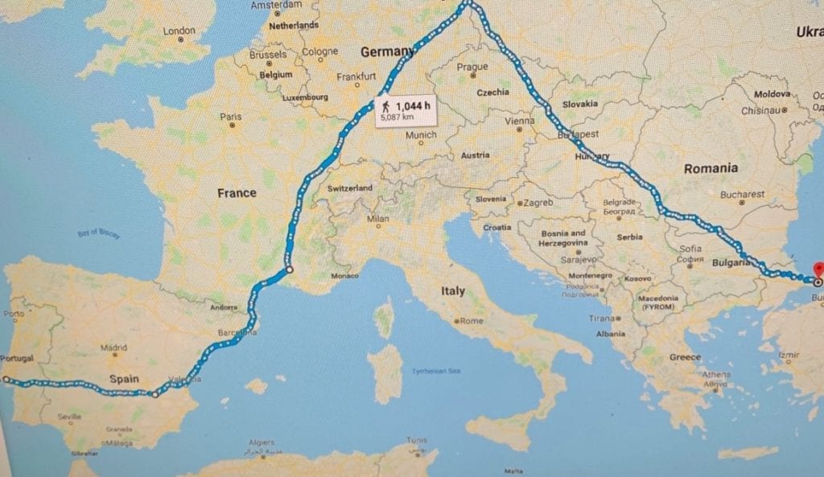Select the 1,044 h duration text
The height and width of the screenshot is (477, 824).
click(x=411, y=105)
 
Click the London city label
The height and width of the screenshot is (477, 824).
click(x=179, y=31)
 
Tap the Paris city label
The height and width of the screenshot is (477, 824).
click(x=230, y=117)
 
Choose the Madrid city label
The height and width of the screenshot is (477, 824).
click(x=114, y=347)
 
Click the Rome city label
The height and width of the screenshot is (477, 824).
click(x=471, y=321)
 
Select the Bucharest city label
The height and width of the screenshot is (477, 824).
click(x=742, y=194)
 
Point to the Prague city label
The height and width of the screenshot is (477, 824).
click(x=472, y=67)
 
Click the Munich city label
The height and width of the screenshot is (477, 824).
click(x=421, y=135)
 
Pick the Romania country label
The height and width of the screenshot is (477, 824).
click(x=711, y=168)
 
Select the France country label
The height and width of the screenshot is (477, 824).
click(x=237, y=193)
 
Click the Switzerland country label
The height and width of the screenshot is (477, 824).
click(x=349, y=187)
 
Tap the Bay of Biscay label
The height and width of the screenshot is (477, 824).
click(x=98, y=232)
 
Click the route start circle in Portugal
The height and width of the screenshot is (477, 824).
click(x=5, y=378)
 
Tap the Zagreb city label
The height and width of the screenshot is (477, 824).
click(x=538, y=203)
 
